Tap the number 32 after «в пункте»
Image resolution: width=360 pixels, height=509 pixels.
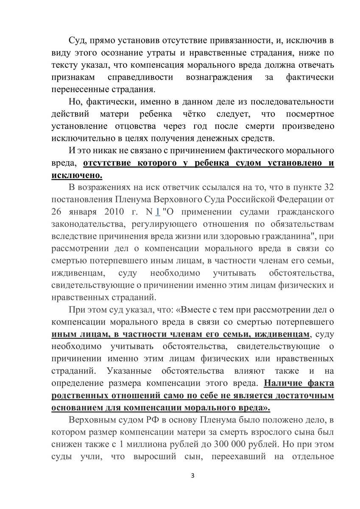[x=329, y=187]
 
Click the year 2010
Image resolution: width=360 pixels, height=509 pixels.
[x=109, y=212]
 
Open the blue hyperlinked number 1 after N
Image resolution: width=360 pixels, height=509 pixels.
[x=158, y=212]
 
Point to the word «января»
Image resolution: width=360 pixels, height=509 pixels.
[x=80, y=212]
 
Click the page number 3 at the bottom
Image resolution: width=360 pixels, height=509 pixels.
[x=193, y=475]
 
